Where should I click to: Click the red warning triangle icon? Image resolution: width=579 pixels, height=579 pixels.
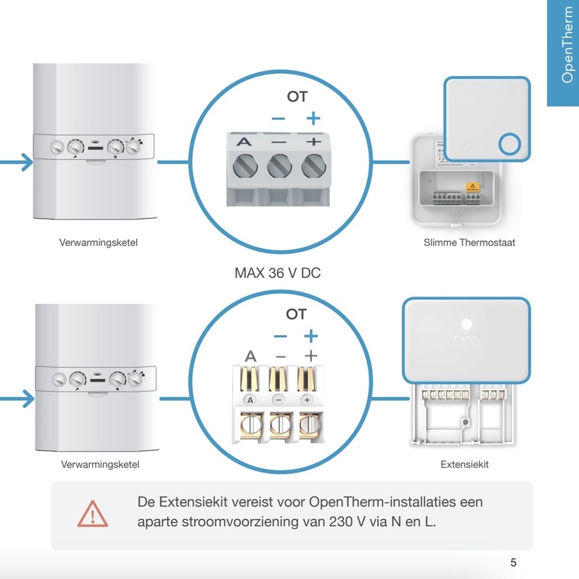(93, 513)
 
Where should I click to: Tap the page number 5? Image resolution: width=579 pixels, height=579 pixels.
(513, 563)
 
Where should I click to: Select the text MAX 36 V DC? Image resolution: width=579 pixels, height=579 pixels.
(278, 274)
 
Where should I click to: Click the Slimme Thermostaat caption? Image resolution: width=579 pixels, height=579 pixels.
(469, 242)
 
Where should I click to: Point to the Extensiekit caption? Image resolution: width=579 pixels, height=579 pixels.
(465, 464)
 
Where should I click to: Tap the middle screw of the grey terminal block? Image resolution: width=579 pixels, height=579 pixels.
(279, 167)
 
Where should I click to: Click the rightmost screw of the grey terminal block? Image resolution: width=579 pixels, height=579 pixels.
(313, 167)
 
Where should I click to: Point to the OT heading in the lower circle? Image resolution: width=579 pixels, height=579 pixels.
(296, 314)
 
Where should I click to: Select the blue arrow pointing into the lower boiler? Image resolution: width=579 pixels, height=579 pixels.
(20, 398)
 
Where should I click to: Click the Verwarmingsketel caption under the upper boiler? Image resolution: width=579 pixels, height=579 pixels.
(98, 242)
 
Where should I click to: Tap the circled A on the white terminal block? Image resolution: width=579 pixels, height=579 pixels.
(250, 400)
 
